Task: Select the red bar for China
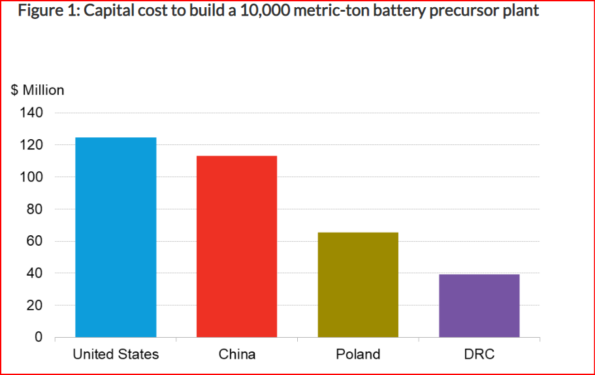click(x=236, y=246)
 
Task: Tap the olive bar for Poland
click(x=358, y=285)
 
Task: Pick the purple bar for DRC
click(x=479, y=306)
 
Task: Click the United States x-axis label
click(x=116, y=355)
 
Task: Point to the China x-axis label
click(x=236, y=355)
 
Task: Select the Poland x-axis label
click(x=358, y=355)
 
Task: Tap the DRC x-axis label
click(x=479, y=355)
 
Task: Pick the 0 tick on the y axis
click(x=39, y=338)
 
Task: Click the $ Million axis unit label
click(x=38, y=90)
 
